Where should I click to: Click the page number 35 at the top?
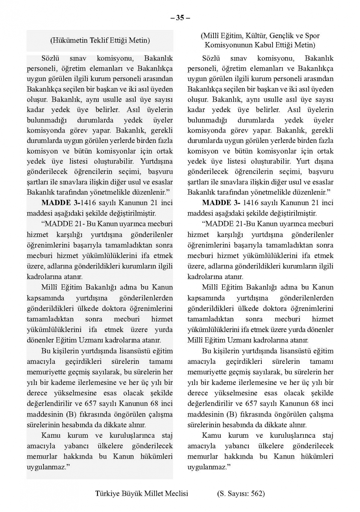[x=180, y=18]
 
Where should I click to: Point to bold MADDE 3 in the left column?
[x=60, y=203]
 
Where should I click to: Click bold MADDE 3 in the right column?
[x=221, y=203]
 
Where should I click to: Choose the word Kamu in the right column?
[x=212, y=435]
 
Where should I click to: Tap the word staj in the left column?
[x=167, y=435]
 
